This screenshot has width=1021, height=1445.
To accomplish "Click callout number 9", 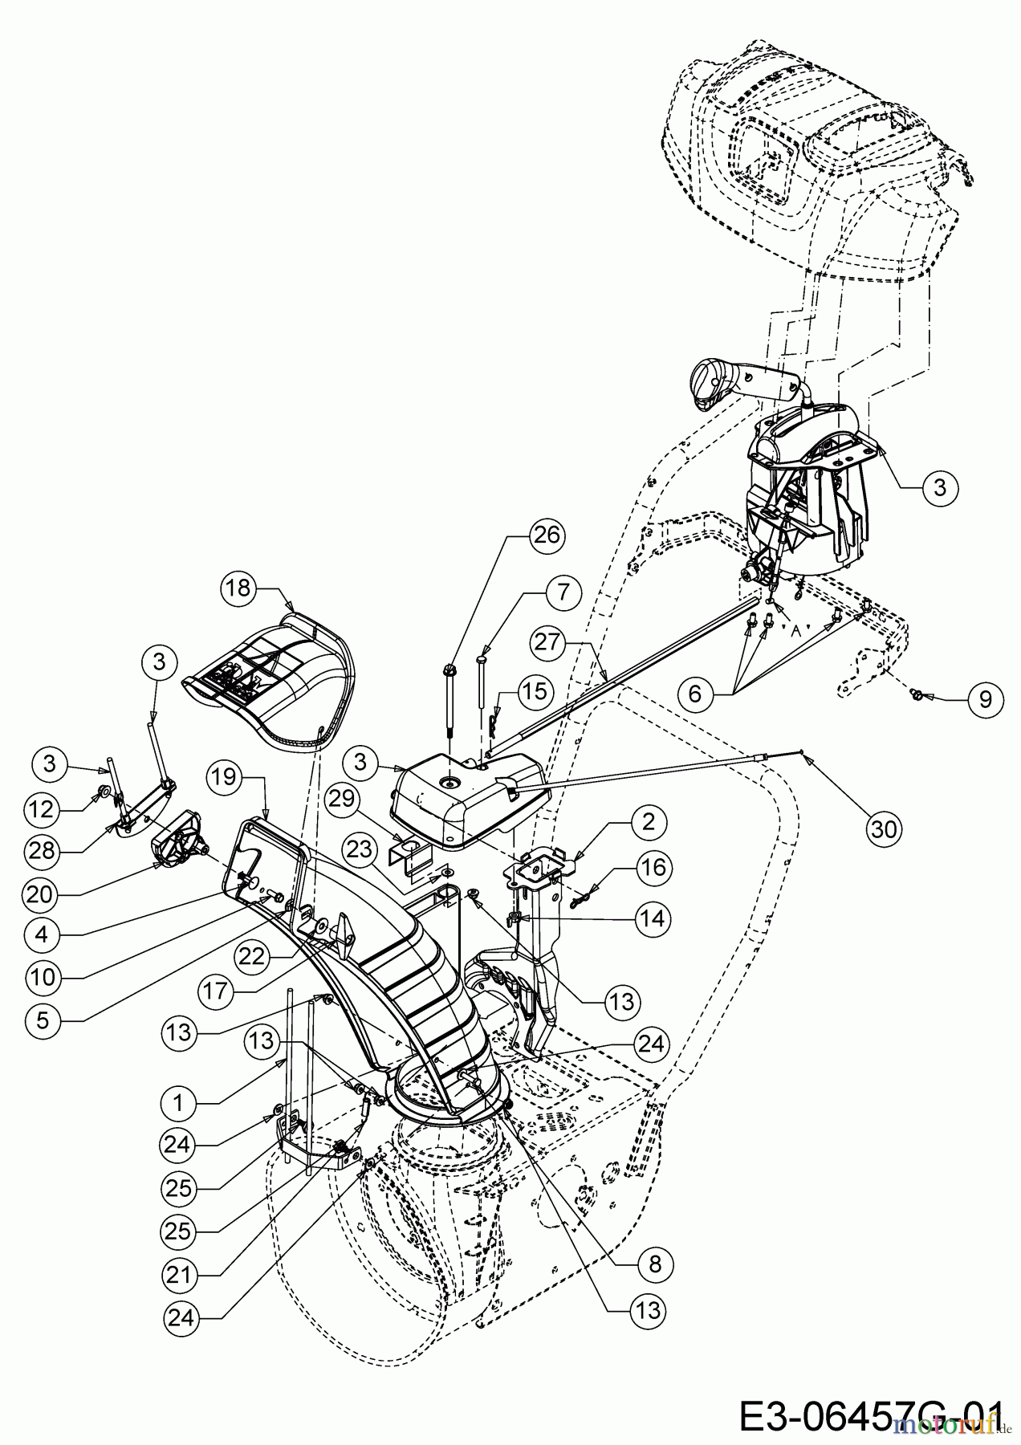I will (x=984, y=699).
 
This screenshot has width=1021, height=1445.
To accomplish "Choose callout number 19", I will (x=226, y=775).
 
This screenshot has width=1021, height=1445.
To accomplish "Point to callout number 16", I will (x=653, y=868).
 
